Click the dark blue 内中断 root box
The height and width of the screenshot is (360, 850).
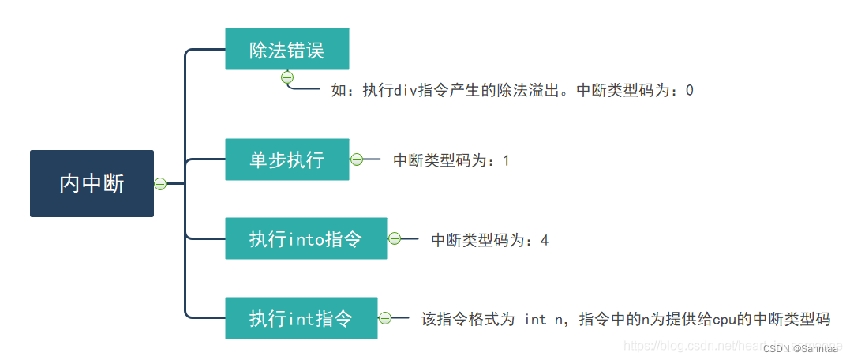tap(92, 183)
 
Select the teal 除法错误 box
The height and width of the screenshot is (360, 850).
tap(286, 49)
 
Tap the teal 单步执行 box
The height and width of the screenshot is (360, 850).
tap(286, 159)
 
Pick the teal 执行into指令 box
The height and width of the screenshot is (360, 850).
tap(305, 238)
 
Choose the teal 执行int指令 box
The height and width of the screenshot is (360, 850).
tap(301, 318)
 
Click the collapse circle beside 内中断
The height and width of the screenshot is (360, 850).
tap(160, 184)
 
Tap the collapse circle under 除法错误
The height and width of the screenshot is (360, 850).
tap(287, 77)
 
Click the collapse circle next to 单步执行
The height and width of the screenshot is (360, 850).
tap(356, 159)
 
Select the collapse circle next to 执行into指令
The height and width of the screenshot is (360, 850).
tap(394, 238)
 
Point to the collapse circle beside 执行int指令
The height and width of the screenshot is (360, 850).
tap(384, 318)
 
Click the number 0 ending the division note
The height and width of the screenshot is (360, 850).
tap(689, 91)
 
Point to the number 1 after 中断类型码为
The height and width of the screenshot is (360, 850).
tap(506, 161)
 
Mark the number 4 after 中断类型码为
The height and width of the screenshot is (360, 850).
tap(544, 240)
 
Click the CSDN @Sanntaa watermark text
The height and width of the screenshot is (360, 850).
tap(801, 348)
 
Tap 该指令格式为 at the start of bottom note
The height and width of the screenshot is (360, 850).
tap(468, 320)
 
